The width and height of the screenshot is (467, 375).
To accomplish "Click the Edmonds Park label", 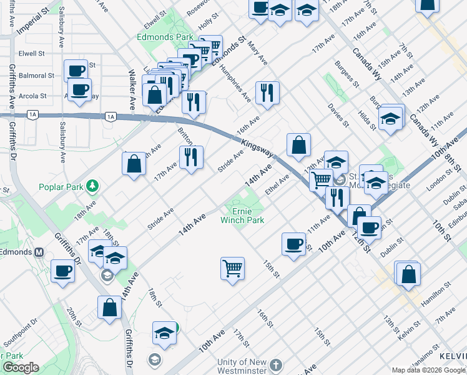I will (165, 37).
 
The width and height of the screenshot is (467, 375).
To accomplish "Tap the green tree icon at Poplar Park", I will (92, 185).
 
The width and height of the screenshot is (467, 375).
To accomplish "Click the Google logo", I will (21, 367).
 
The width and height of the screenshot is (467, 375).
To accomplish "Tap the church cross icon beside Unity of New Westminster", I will (277, 364).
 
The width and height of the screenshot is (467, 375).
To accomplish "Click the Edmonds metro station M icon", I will (39, 252).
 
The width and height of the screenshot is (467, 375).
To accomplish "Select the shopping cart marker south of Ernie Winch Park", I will (232, 269).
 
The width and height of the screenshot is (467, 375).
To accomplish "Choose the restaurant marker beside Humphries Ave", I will (267, 92).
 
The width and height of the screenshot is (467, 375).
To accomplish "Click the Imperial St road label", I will (33, 21).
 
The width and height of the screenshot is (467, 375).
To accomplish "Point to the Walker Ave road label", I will (132, 81).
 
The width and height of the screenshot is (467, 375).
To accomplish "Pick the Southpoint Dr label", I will (20, 335).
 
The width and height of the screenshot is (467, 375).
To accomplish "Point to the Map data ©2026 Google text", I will (428, 370).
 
